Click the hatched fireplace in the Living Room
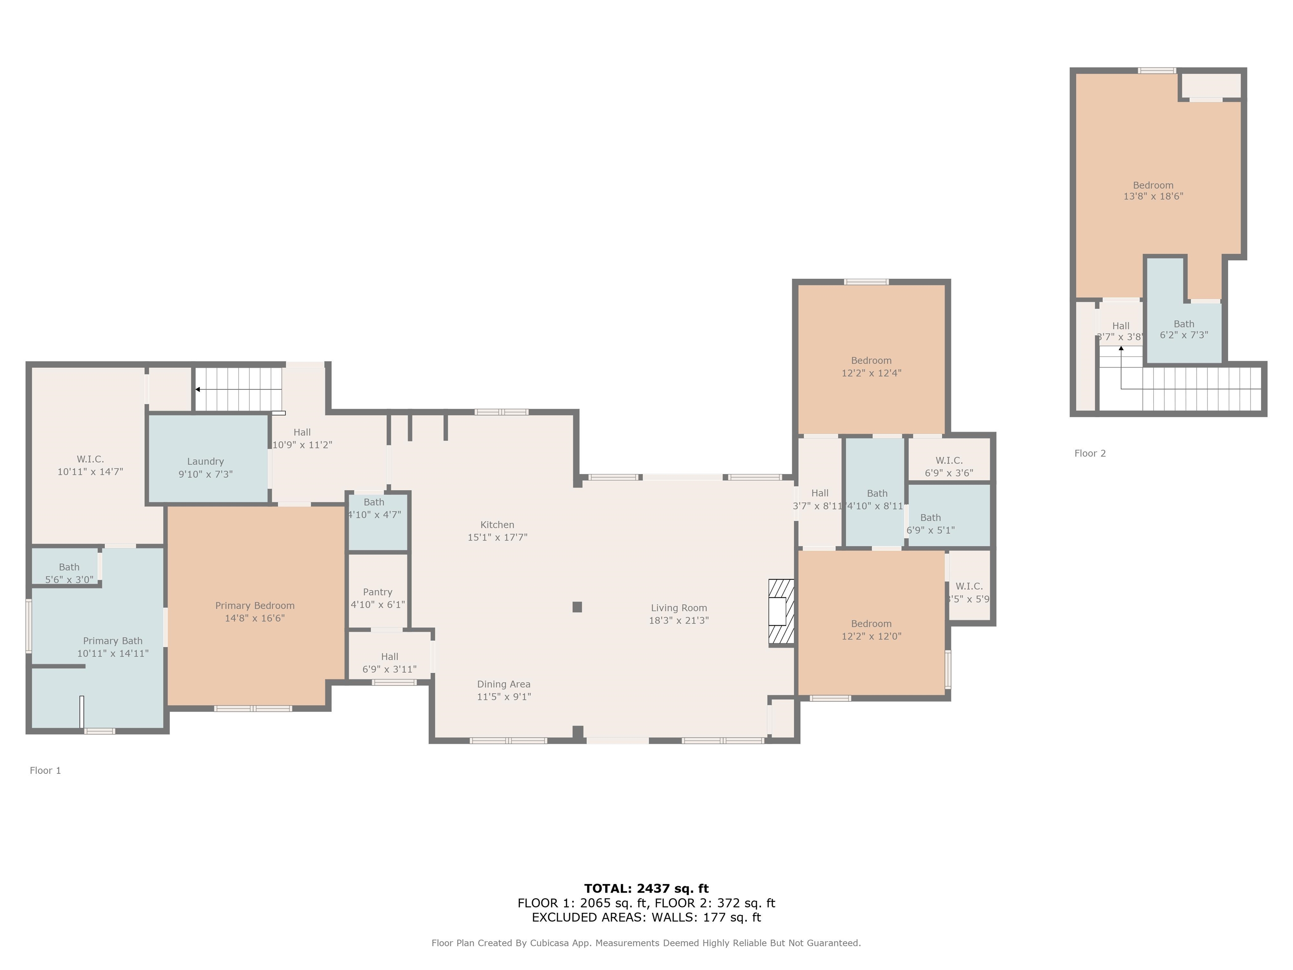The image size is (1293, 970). (x=781, y=612)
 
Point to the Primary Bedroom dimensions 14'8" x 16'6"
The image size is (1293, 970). (x=255, y=618)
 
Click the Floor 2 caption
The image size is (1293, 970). (x=1090, y=453)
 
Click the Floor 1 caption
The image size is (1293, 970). (x=45, y=770)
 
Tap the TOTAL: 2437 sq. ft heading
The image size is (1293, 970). (x=646, y=888)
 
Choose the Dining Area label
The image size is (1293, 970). (x=503, y=684)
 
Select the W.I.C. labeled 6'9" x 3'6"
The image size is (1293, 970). (x=949, y=466)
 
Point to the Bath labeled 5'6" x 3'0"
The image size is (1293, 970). (x=69, y=573)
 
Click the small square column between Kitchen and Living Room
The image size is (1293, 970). (x=577, y=607)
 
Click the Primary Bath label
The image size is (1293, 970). (x=113, y=641)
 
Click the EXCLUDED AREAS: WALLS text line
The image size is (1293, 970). (x=646, y=917)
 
